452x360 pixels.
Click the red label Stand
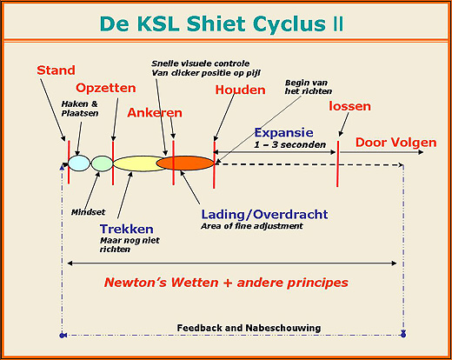[56, 70]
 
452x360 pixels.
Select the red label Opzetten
[106, 88]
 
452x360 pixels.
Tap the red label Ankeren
[155, 113]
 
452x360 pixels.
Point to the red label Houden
[240, 90]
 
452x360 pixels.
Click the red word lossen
[349, 106]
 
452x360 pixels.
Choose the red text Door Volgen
[395, 143]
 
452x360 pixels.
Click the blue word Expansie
[283, 133]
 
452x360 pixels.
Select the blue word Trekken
[127, 229]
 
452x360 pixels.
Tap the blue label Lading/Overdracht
[264, 215]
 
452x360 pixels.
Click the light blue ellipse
[79, 163]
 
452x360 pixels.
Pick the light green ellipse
[102, 163]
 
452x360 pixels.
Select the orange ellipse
[185, 163]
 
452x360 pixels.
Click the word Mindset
[88, 212]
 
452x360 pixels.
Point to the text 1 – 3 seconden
[290, 144]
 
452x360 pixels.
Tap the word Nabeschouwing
[283, 328]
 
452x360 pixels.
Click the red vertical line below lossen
[337, 163]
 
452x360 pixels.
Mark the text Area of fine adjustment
[252, 226]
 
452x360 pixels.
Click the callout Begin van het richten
[309, 87]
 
